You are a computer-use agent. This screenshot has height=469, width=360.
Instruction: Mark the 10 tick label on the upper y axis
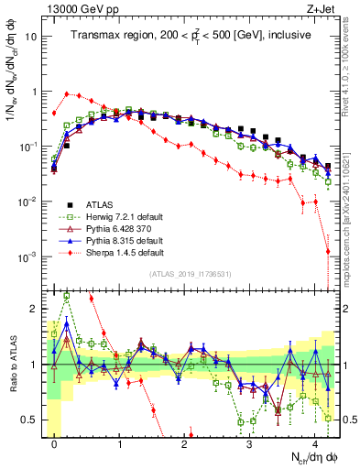click(x=30, y=38)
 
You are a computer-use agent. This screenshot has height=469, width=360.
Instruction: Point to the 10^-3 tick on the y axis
click(x=28, y=256)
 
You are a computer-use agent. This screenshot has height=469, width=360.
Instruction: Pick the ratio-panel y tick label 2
click(x=33, y=308)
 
